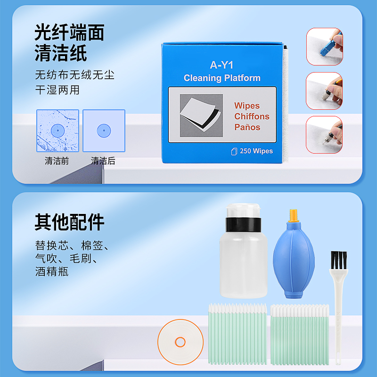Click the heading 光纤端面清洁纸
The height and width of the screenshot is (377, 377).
(69, 42)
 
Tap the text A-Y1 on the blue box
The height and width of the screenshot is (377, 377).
(221, 65)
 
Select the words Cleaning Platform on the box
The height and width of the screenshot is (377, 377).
(222, 78)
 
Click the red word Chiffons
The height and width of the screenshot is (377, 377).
(252, 116)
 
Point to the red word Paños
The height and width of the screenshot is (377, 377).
(247, 127)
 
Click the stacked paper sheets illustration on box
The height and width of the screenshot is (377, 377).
(201, 115)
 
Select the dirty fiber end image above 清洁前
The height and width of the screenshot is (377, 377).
(57, 131)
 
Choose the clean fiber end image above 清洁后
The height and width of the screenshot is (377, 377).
(104, 131)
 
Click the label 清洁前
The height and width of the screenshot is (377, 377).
(57, 161)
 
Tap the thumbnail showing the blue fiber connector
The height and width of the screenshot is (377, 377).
(325, 46)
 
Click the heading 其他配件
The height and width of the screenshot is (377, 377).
(69, 222)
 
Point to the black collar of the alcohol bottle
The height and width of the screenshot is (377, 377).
(243, 225)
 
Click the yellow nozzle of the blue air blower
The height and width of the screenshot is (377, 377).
(294, 215)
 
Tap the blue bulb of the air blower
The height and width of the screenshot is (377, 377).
(294, 261)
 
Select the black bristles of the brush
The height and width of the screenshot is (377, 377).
(339, 260)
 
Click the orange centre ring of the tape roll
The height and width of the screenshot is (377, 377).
(180, 342)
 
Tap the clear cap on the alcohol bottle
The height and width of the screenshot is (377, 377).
(243, 211)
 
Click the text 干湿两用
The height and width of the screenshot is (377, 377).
(57, 90)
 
